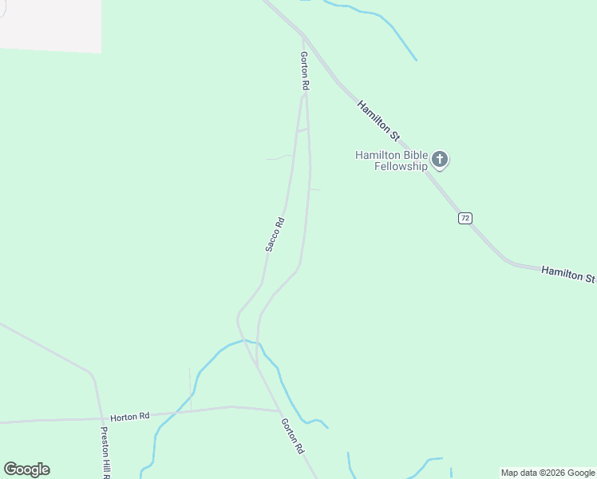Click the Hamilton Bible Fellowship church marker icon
(440, 160)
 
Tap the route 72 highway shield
(465, 218)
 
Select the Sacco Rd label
(275, 235)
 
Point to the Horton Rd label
(130, 417)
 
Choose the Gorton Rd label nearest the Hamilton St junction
(304, 70)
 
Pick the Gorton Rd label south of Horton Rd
(293, 437)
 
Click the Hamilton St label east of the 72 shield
(568, 275)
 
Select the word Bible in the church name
(413, 155)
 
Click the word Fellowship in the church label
(401, 167)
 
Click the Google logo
(26, 469)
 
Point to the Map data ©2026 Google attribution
(548, 473)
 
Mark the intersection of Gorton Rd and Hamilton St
(303, 34)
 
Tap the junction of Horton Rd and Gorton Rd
(279, 411)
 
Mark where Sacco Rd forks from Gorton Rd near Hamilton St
(303, 96)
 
